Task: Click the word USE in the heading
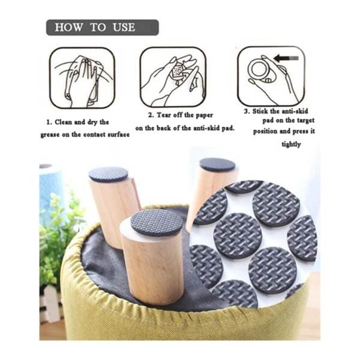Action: (124, 28)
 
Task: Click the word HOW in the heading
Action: (68, 28)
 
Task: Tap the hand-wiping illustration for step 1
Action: (82, 78)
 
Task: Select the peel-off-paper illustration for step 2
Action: (173, 77)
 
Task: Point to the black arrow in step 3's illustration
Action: (286, 58)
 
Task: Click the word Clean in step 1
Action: (63, 122)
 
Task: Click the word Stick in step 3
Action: (260, 112)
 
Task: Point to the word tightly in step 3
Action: (291, 145)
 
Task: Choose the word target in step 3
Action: (305, 121)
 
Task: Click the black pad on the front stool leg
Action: (157, 222)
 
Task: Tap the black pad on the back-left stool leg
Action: (109, 175)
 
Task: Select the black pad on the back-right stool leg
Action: (217, 164)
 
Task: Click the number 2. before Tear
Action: (151, 115)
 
